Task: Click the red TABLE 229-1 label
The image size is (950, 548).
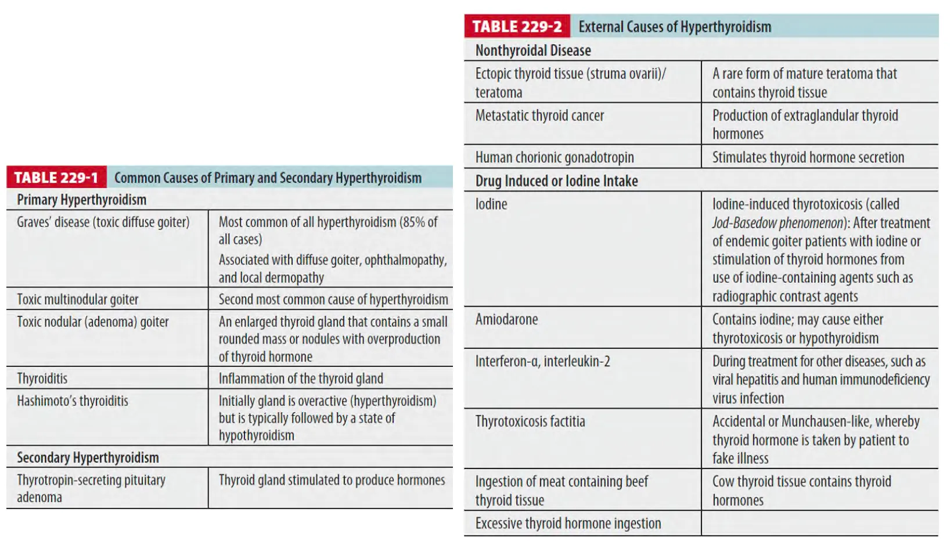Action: [56, 178]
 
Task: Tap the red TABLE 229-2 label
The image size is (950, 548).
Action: [517, 27]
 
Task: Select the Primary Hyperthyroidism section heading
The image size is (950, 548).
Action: [81, 200]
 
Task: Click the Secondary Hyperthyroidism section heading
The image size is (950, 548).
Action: [88, 457]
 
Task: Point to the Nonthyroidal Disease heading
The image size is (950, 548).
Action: [532, 51]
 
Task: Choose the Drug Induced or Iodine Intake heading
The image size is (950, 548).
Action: [556, 181]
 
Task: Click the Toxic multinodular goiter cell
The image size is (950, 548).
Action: [78, 300]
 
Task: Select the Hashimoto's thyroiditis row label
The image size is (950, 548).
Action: [73, 401]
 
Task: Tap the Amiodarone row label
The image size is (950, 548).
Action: [506, 319]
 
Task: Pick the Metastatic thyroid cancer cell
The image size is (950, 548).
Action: [539, 116]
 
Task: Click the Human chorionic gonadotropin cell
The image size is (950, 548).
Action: [554, 157]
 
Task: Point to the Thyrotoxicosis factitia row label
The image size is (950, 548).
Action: [530, 421]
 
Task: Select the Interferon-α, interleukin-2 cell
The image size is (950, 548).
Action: [542, 361]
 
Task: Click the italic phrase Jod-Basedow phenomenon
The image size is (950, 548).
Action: [777, 223]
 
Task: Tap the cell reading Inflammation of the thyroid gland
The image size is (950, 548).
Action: [300, 378]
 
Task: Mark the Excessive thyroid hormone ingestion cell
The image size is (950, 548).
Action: [567, 524]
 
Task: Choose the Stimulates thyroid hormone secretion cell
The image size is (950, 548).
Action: [808, 157]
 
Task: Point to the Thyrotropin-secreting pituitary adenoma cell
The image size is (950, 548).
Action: [91, 488]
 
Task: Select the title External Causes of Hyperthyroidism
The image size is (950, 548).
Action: [675, 27]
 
